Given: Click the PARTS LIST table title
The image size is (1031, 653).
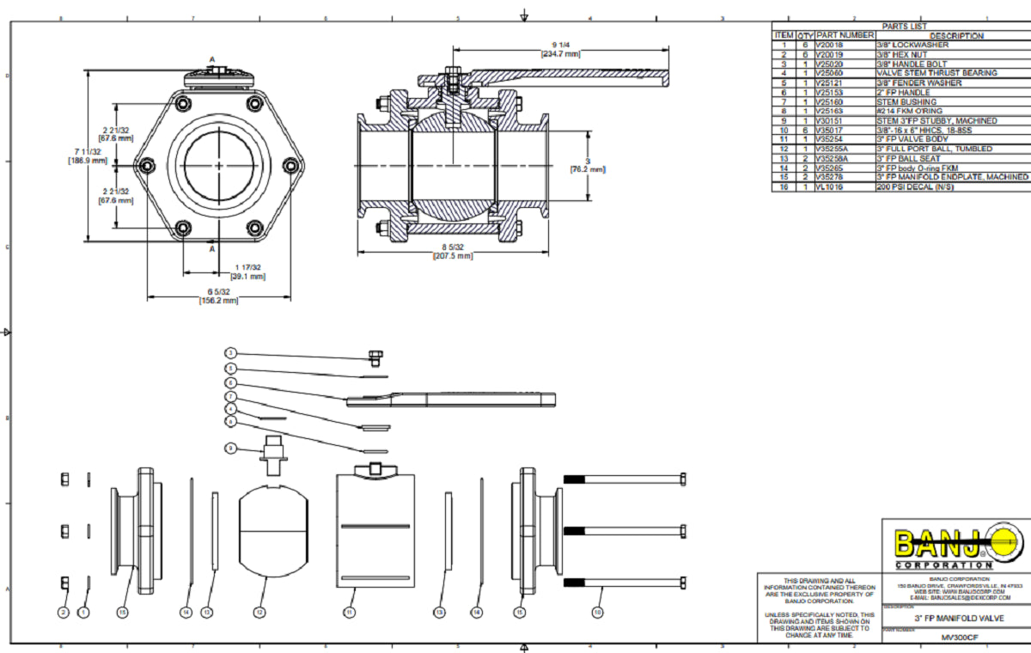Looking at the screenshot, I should [900, 27].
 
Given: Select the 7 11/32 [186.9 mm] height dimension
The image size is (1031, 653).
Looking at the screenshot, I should [89, 156].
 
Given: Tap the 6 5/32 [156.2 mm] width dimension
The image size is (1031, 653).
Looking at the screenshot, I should [218, 296].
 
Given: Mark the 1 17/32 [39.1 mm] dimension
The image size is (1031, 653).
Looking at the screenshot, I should [248, 272].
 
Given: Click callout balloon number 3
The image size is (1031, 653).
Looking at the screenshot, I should [230, 353].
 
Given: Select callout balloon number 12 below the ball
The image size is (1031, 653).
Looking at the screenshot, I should [259, 613].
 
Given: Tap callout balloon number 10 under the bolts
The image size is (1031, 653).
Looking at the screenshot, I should [598, 613].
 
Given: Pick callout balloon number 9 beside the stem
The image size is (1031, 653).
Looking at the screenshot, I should [230, 448].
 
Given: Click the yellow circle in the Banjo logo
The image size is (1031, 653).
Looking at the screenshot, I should [1001, 542].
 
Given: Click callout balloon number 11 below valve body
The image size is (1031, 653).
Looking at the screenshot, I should [349, 613].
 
